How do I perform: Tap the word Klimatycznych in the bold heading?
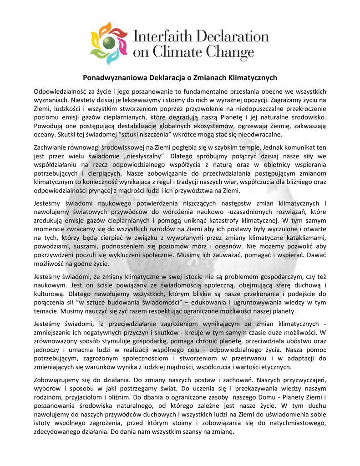pos(254,78)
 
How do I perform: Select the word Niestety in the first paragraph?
pos(83,100)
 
